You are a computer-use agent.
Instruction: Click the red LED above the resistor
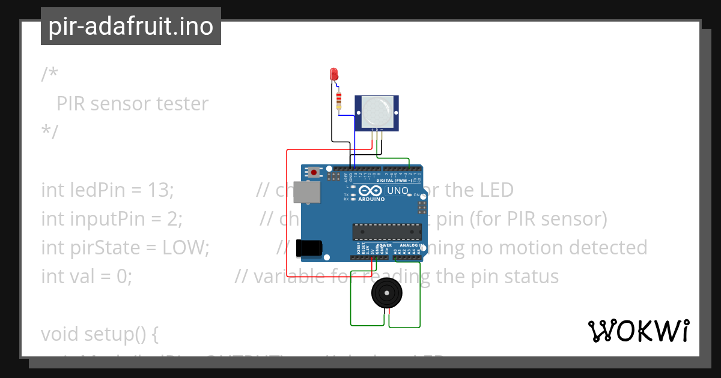pos(335,74)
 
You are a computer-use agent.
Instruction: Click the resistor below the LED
pos(339,100)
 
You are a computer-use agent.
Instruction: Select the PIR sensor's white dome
pos(376,111)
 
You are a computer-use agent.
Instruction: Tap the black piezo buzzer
pos(385,293)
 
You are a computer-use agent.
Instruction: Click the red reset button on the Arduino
pos(314,172)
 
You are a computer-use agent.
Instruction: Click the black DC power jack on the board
pos(309,248)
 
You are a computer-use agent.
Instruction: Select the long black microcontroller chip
pos(387,232)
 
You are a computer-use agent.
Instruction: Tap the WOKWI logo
pos(638,331)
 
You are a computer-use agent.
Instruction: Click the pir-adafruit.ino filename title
pos(131,26)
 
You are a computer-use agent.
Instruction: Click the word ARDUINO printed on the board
pos(371,200)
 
